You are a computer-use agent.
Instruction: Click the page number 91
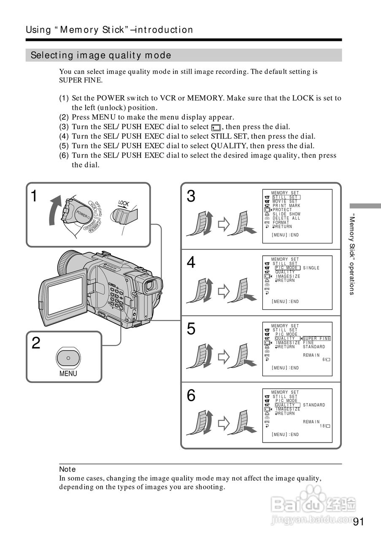tap(358, 522)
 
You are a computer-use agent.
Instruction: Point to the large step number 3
tap(191, 197)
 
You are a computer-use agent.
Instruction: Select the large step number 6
tap(191, 396)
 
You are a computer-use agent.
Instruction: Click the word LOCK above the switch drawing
tap(124, 203)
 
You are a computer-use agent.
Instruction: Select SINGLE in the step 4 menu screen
tap(311, 268)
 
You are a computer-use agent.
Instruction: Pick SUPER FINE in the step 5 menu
tap(317, 339)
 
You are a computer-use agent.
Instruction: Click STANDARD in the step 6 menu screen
tap(314, 405)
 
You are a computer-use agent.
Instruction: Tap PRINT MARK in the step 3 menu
tap(286, 205)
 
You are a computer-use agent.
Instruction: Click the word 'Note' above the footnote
tap(68, 469)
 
